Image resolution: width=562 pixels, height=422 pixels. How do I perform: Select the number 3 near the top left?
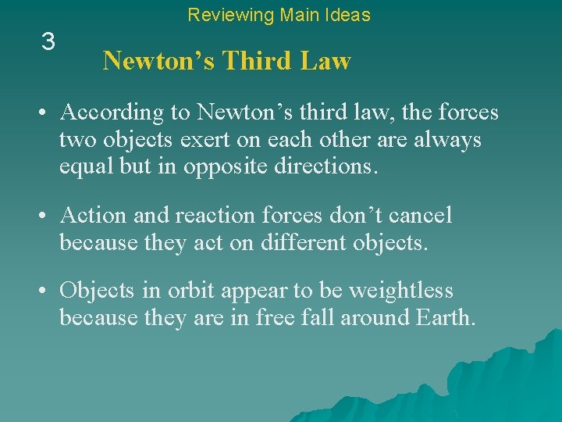[48, 42]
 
